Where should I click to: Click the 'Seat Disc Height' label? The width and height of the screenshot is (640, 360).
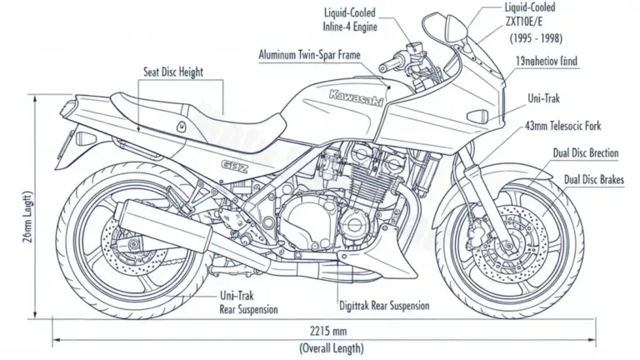tap(172, 72)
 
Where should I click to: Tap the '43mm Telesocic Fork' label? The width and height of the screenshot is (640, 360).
tap(564, 126)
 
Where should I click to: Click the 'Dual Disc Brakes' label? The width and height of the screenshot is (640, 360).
tap(595, 179)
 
